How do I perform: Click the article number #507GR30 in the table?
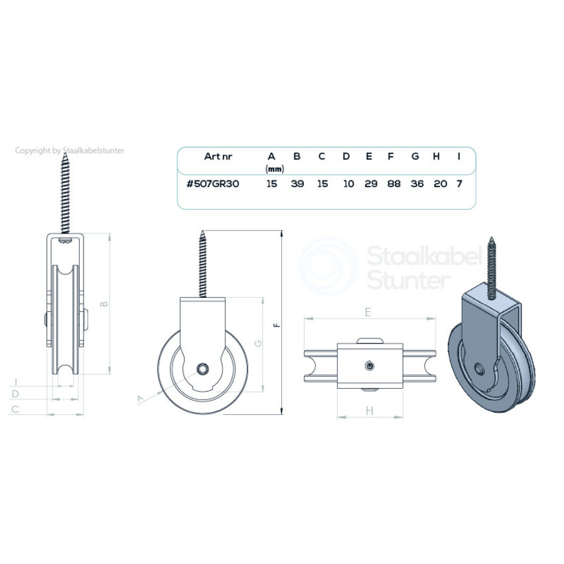[x=212, y=184]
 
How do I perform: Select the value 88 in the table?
[x=393, y=184]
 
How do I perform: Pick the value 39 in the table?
[x=297, y=184]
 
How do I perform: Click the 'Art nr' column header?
[x=218, y=157]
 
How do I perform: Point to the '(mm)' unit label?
[x=274, y=169]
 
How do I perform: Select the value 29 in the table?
[x=371, y=184]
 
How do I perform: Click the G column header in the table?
[x=415, y=157]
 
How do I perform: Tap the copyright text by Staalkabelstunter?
[x=70, y=151]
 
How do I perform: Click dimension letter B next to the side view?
[x=103, y=304]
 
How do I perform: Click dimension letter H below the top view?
[x=370, y=411]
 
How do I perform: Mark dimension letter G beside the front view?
[x=257, y=343]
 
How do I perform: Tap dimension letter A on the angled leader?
[x=140, y=398]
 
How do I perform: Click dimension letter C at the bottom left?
[x=14, y=409]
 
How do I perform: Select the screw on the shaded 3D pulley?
[x=492, y=265]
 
